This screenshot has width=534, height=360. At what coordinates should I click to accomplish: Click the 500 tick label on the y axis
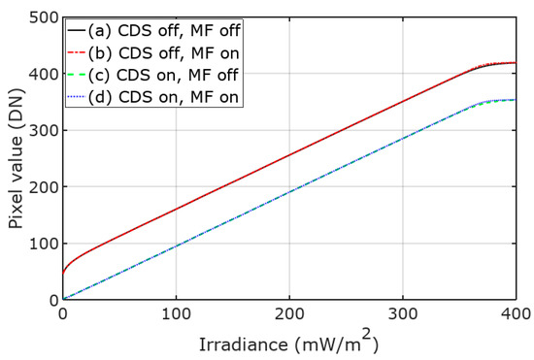click(x=38, y=17)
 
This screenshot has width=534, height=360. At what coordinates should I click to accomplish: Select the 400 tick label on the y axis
click(x=38, y=74)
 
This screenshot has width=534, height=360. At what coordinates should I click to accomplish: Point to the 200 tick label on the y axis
click(x=38, y=187)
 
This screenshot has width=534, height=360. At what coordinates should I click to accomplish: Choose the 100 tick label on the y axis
click(x=38, y=244)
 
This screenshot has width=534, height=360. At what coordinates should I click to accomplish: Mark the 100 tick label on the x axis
click(x=176, y=315)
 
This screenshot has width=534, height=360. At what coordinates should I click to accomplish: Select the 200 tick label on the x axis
click(x=289, y=315)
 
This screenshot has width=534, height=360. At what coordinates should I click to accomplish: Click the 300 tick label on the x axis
click(x=403, y=315)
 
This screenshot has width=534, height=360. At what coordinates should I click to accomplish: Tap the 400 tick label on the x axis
click(x=515, y=315)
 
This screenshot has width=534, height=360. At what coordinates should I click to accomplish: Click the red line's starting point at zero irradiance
click(x=63, y=273)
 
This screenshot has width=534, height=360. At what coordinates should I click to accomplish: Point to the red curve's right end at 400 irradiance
click(x=516, y=63)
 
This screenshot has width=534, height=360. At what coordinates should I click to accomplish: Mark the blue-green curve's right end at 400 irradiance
click(x=516, y=100)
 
